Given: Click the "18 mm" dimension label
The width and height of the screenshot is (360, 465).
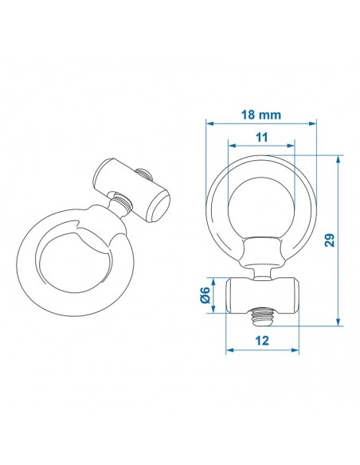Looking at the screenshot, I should point(260,115).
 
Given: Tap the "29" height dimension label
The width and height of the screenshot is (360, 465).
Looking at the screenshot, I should point(328,241).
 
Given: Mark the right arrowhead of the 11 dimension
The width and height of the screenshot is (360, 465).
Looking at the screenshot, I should point(294,147).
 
